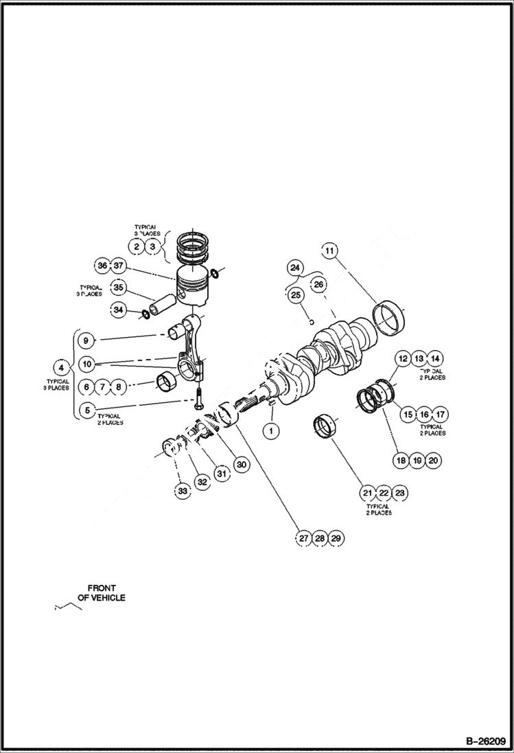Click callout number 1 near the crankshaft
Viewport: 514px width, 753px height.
270,431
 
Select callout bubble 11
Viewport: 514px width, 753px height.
330,252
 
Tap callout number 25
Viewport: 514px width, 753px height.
295,295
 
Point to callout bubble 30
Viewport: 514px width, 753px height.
242,464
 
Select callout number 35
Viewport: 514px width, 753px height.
118,288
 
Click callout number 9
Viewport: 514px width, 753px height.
86,340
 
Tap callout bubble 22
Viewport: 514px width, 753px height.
384,493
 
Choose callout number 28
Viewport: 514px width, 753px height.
320,539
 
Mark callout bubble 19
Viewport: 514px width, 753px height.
417,460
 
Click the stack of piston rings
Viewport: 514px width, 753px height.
195,248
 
